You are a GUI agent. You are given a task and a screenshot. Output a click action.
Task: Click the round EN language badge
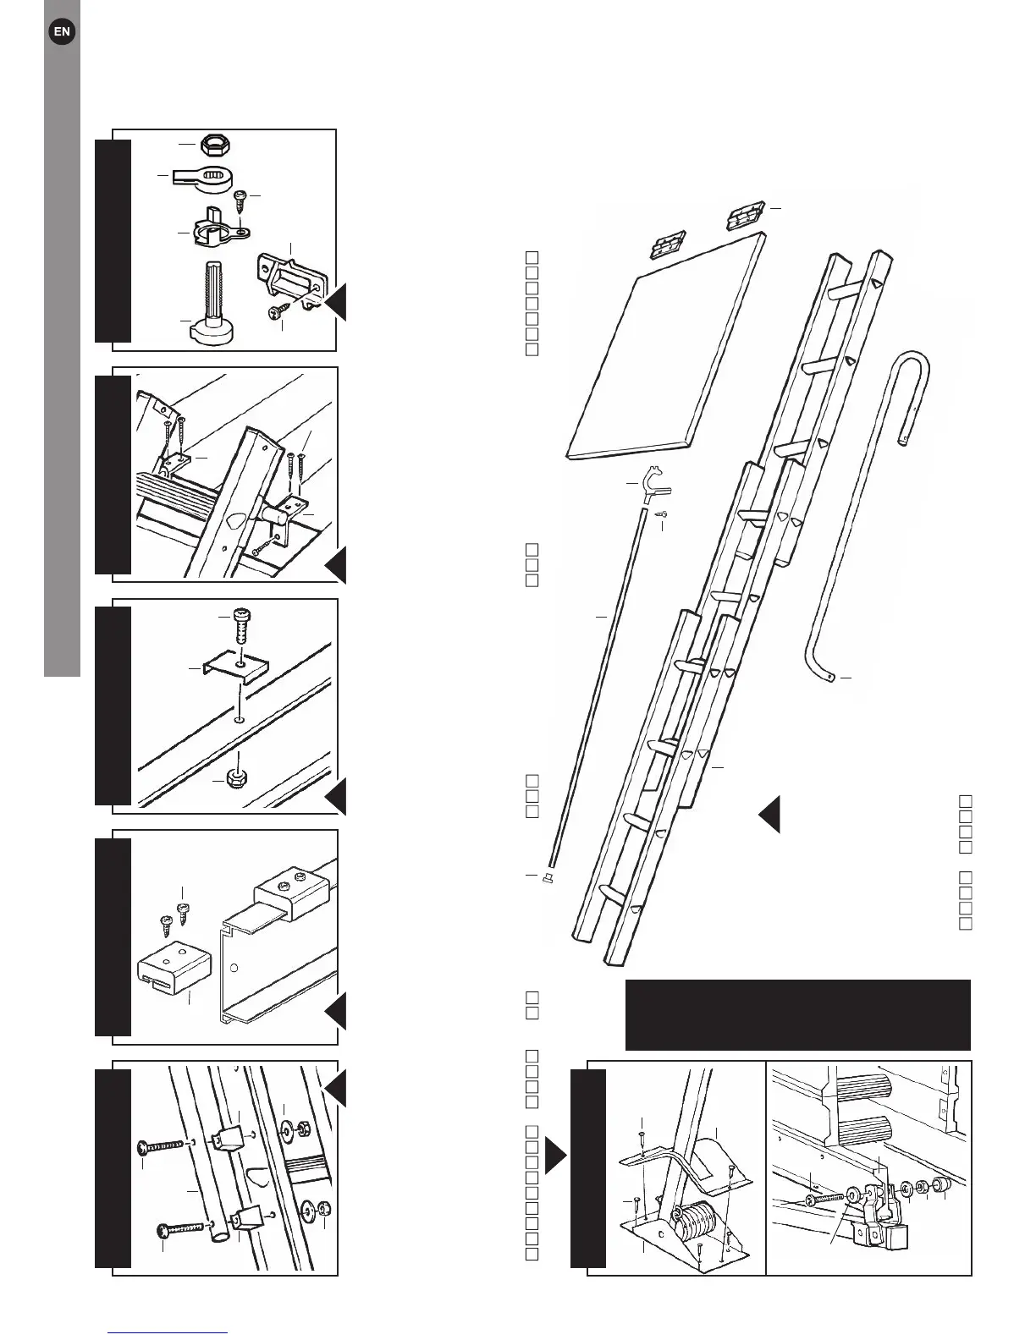pos(62,32)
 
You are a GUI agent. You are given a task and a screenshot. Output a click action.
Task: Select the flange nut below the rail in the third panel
pos(239,777)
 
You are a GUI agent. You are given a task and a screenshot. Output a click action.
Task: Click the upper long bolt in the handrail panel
pos(160,1146)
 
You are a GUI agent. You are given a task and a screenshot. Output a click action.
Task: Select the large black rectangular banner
pos(797,1014)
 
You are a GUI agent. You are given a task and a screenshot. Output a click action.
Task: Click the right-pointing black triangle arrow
pos(555,1156)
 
